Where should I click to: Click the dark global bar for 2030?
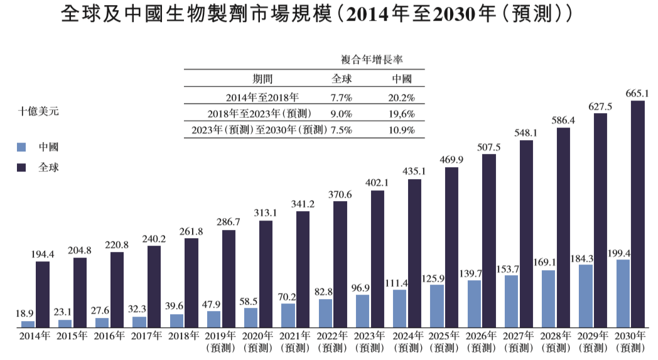637,214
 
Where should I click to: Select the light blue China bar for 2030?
622,293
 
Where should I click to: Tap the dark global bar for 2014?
43,294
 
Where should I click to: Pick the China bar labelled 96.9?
362,311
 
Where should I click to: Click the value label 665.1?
637,93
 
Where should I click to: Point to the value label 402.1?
377,183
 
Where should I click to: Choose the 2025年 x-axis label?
444,336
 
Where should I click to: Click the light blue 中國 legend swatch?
22,147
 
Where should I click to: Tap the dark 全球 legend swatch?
22,168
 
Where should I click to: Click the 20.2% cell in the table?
402,97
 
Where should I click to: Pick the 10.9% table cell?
402,130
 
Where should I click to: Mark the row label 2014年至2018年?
262,97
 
